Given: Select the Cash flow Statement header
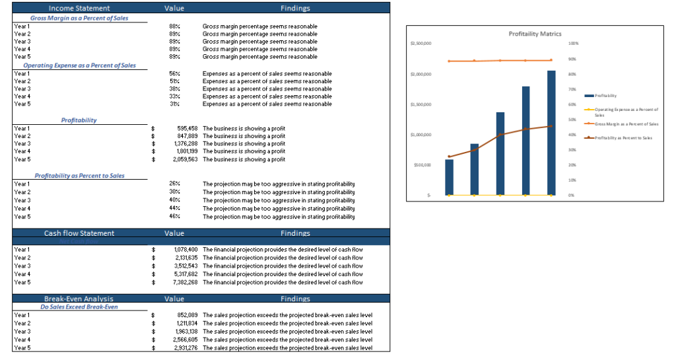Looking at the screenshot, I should (79, 233).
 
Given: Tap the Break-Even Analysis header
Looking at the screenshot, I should (79, 299).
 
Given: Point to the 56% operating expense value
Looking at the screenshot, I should (175, 73).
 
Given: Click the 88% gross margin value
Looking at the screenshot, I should (175, 26).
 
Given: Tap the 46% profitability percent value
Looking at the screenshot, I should (175, 216).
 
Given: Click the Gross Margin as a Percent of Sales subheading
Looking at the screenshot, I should (80, 18).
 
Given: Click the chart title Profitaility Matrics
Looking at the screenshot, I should (535, 33).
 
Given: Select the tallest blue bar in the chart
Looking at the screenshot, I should (551, 133).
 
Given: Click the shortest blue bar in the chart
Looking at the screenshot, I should (449, 177).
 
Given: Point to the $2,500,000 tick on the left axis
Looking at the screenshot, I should (421, 44).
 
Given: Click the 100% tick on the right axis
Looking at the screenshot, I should (573, 44).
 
